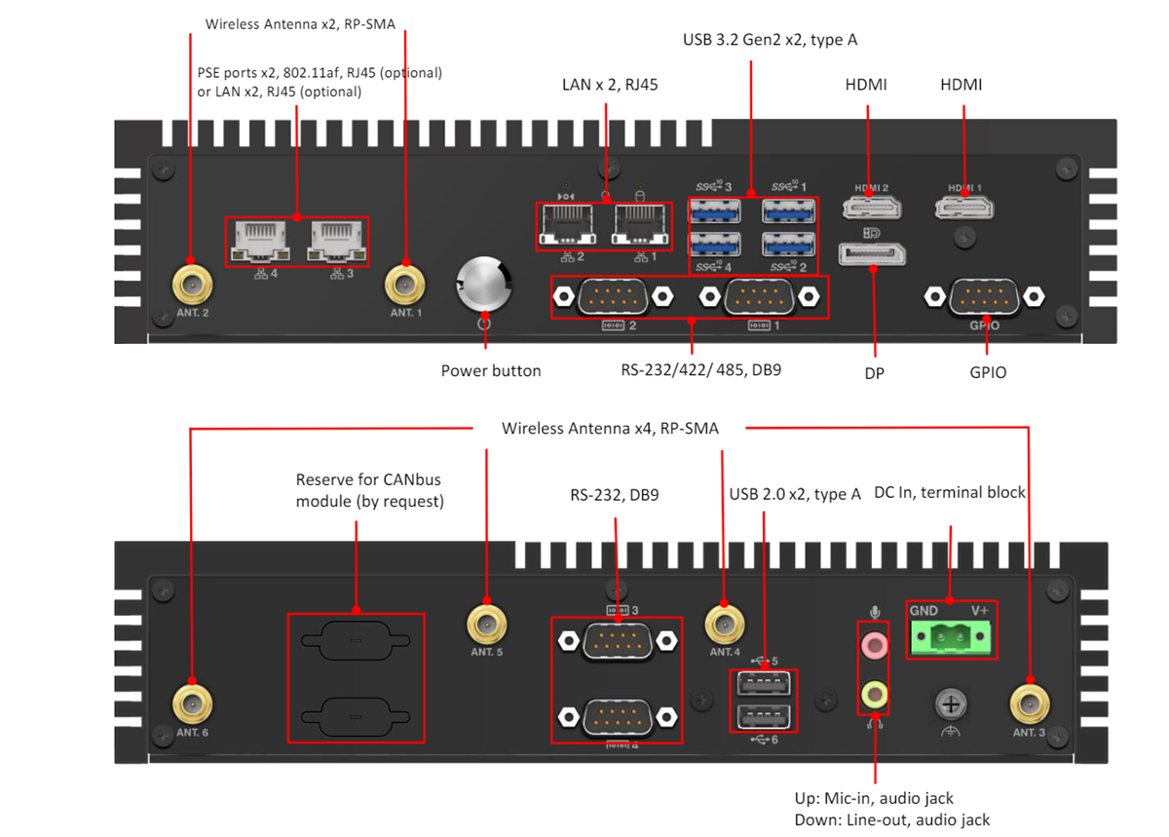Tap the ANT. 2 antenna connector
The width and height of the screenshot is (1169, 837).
(x=192, y=285)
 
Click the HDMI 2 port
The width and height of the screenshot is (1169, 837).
(x=871, y=208)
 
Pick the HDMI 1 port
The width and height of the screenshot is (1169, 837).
(x=964, y=208)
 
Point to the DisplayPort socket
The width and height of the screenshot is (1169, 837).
(x=873, y=254)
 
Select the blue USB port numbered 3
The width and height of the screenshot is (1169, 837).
(x=714, y=210)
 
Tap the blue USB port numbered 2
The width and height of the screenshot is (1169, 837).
(x=789, y=246)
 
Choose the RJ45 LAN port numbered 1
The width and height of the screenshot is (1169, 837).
(x=639, y=226)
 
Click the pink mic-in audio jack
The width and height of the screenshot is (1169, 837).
(x=875, y=643)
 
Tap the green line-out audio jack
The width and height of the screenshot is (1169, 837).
(x=875, y=694)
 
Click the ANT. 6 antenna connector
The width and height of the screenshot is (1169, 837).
(x=192, y=704)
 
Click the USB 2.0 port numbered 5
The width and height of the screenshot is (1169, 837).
(x=763, y=682)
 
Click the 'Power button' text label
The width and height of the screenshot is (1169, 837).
(x=490, y=370)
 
